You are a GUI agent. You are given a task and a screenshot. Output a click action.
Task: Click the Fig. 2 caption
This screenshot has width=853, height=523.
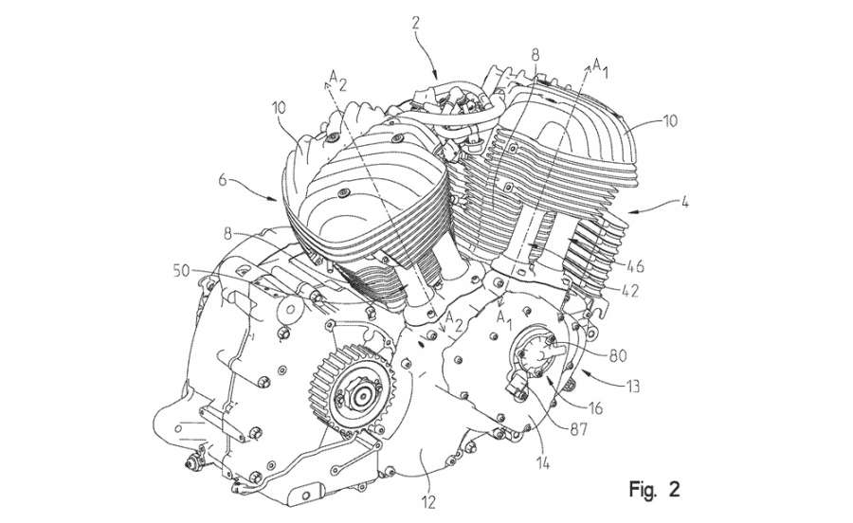[654, 489]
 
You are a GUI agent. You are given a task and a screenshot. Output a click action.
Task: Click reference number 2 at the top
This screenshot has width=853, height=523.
[416, 23]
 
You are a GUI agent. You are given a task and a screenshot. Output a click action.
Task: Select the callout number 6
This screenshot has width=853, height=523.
[223, 179]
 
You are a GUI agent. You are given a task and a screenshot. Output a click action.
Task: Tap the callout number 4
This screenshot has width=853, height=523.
[684, 202]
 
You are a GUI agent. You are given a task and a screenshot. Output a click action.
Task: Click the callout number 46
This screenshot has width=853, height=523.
[634, 266]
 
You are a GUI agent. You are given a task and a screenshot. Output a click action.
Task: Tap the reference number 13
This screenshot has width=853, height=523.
[633, 388]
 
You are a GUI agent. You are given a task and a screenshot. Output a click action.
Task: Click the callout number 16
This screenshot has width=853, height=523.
[596, 407]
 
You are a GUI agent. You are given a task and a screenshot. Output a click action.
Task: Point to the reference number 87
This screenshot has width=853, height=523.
[578, 429]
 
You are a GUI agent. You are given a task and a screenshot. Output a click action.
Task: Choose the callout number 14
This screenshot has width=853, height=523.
[542, 463]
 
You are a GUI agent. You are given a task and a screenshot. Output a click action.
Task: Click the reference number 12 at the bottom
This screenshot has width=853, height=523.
[428, 503]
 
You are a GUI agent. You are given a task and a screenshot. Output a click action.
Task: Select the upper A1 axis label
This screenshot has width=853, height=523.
[600, 68]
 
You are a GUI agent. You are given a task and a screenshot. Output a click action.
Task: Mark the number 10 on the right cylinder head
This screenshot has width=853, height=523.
[670, 120]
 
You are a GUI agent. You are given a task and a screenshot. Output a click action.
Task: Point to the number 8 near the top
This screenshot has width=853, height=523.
[535, 55]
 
